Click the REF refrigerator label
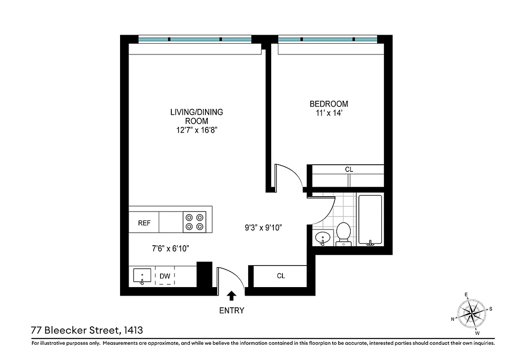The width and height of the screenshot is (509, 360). (x=144, y=223)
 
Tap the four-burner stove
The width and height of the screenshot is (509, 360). (x=195, y=222)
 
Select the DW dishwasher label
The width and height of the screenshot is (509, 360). (x=165, y=276)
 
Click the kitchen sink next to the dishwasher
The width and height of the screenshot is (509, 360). (x=143, y=276)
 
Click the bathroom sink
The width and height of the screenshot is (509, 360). (x=322, y=237)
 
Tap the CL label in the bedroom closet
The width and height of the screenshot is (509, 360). (x=349, y=170)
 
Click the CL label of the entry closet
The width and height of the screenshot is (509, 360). (x=281, y=276)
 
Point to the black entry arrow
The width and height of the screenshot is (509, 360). (x=232, y=296)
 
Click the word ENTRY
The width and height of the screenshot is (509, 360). (x=232, y=310)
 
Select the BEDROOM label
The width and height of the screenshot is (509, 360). (x=329, y=104)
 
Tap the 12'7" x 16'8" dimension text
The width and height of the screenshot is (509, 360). (x=196, y=130)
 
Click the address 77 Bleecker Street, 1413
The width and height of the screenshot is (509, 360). (x=87, y=330)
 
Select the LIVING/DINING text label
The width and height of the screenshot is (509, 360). (x=196, y=112)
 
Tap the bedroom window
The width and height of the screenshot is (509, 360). (x=327, y=40)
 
